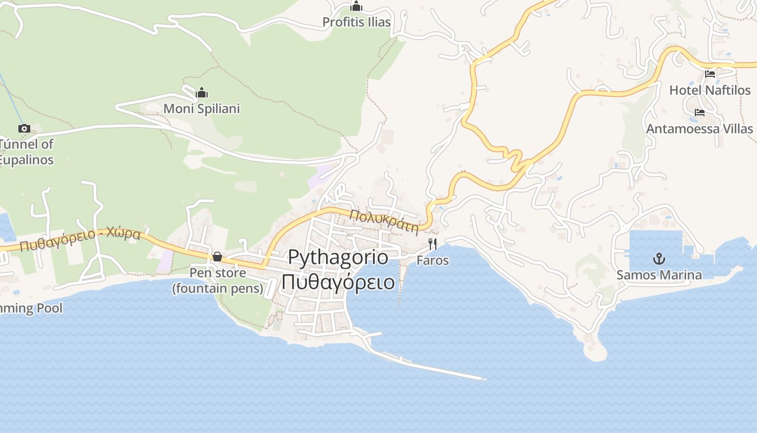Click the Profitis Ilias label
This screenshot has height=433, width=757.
pyautogui.click(x=356, y=22)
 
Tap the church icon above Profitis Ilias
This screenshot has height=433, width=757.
pyautogui.click(x=356, y=7)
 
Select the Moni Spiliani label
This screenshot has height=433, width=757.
pyautogui.click(x=202, y=109)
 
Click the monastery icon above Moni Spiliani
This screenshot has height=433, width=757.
pyautogui.click(x=202, y=93)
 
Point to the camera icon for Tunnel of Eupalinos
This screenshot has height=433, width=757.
pyautogui.click(x=24, y=129)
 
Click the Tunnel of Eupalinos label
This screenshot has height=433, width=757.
pyautogui.click(x=27, y=152)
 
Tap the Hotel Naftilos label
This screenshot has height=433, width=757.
pyautogui.click(x=710, y=90)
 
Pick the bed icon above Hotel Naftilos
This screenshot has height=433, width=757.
pyautogui.click(x=710, y=74)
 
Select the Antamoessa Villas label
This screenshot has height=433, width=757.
pyautogui.click(x=699, y=129)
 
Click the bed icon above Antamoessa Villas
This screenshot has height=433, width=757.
pyautogui.click(x=700, y=113)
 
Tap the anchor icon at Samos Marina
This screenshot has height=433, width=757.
pyautogui.click(x=659, y=258)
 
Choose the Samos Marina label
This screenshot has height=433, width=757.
pyautogui.click(x=659, y=275)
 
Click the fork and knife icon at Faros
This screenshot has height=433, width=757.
pyautogui.click(x=433, y=244)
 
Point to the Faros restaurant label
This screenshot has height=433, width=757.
pyautogui.click(x=433, y=260)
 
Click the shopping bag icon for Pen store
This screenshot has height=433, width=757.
pyautogui.click(x=217, y=257)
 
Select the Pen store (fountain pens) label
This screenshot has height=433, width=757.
pyautogui.click(x=217, y=281)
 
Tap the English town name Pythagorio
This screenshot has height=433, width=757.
pyautogui.click(x=338, y=257)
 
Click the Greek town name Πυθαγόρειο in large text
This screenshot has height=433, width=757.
pyautogui.click(x=338, y=282)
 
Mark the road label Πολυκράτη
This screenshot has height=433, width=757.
pyautogui.click(x=384, y=220)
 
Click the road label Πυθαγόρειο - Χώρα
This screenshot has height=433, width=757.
pyautogui.click(x=80, y=240)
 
